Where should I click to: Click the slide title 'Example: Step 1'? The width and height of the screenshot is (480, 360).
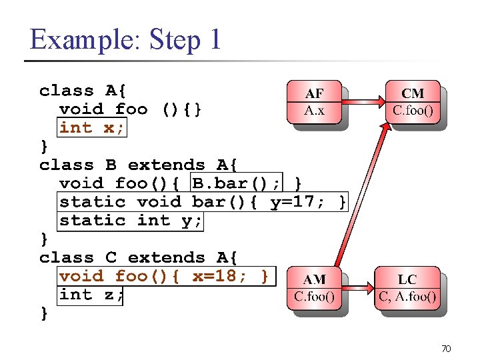click(x=125, y=39)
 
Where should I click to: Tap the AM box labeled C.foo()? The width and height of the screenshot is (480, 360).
click(x=313, y=287)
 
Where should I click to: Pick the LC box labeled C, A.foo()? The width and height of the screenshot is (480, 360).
click(x=407, y=287)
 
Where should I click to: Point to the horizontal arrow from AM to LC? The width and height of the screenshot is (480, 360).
click(x=358, y=288)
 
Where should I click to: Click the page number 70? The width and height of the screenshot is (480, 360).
click(x=446, y=348)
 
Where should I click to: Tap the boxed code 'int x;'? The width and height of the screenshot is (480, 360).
click(x=91, y=127)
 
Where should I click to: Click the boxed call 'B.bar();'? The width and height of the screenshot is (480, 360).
click(x=236, y=183)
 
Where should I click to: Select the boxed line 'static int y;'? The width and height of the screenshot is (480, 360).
click(x=131, y=220)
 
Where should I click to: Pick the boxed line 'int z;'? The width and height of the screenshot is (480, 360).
click(x=91, y=294)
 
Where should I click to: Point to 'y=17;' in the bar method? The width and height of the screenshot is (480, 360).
click(x=297, y=201)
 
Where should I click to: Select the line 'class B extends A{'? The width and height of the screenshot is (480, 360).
click(x=142, y=165)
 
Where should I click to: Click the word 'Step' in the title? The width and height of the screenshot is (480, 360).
click(x=175, y=39)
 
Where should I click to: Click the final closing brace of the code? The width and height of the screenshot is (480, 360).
click(x=44, y=313)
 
